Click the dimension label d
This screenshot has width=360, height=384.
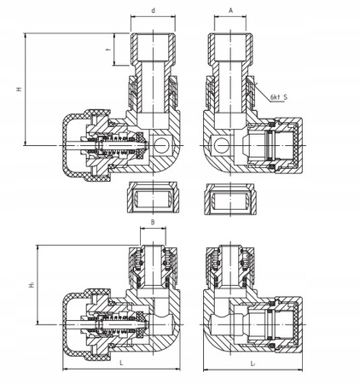pos(154,11)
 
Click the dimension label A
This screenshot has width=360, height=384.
pos(231,10)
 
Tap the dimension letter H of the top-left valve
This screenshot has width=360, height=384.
pos(20,89)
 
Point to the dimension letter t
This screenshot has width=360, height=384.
pos(107,49)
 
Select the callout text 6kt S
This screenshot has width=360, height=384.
pos(279,97)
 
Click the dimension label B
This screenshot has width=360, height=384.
pos(153,222)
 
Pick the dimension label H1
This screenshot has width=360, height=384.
pos(32,284)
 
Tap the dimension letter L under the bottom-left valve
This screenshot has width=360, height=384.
pos(121,363)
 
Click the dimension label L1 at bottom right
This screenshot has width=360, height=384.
pos(253,364)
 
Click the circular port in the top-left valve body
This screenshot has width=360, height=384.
pos(162,145)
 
